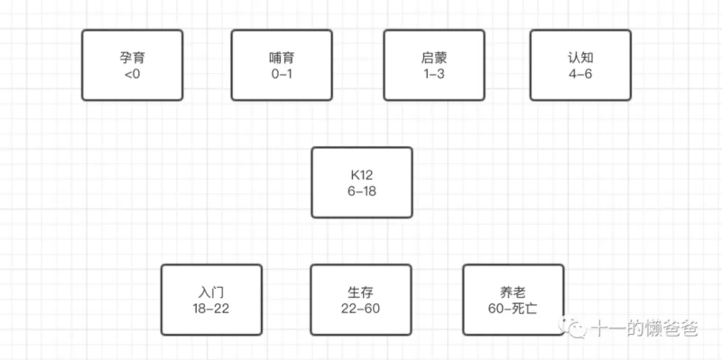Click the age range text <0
(x=132, y=74)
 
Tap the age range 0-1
(x=282, y=74)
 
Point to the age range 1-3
(x=434, y=74)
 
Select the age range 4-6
(x=580, y=74)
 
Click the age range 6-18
(x=361, y=191)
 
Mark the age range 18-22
(x=211, y=309)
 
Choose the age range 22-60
(x=361, y=309)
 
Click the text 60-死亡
(x=513, y=309)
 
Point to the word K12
(x=361, y=175)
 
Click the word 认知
(x=580, y=58)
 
